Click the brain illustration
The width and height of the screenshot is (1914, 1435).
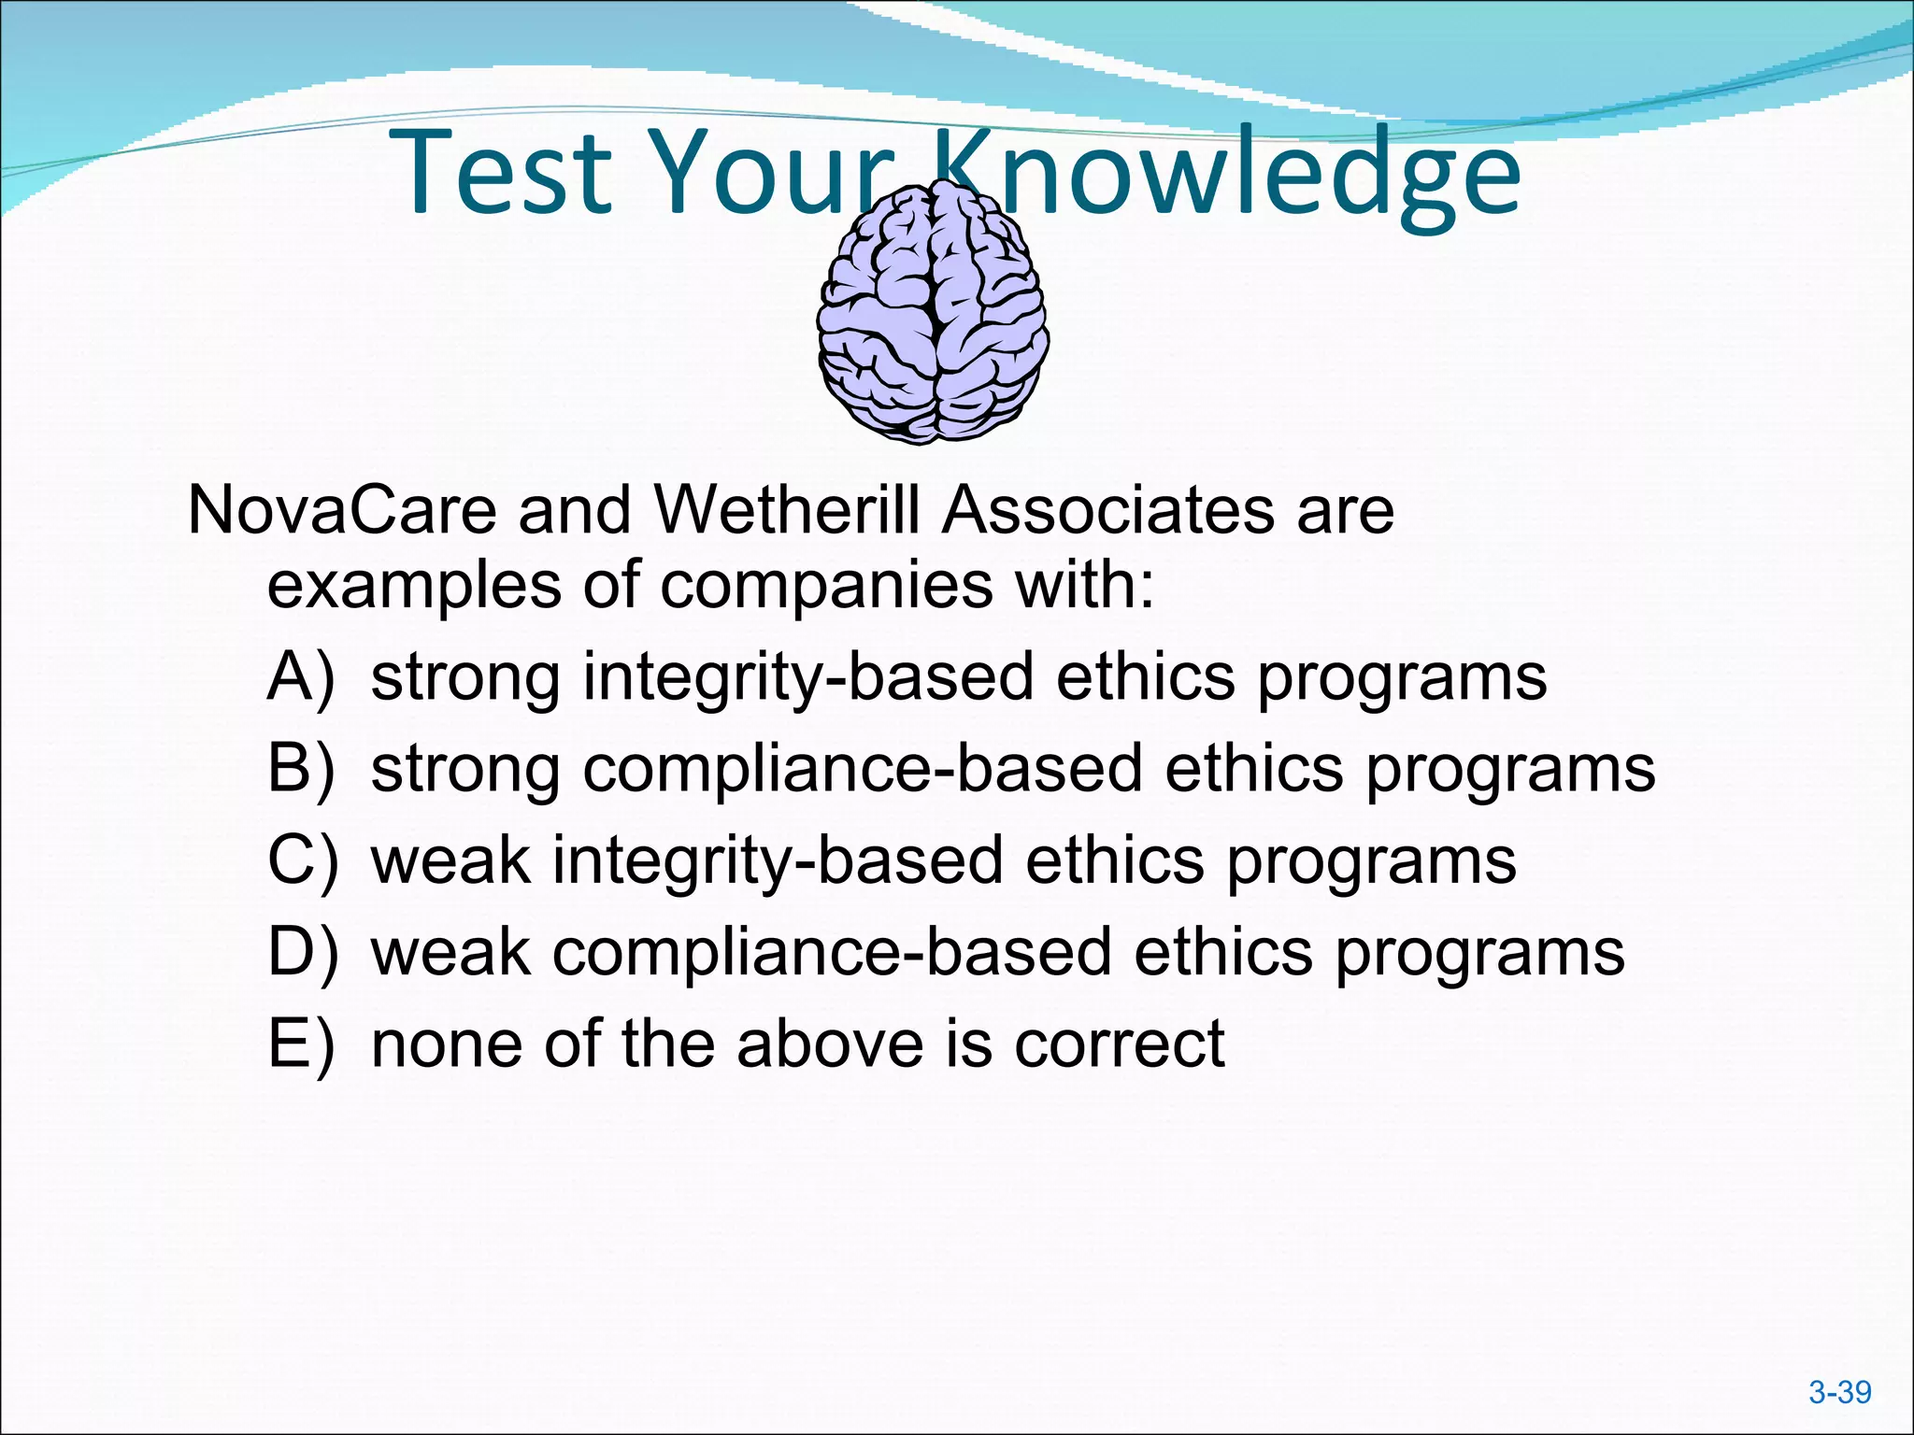933,313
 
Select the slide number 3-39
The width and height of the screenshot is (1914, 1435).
1839,1393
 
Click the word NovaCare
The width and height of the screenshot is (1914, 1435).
342,511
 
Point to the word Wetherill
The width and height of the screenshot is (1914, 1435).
786,511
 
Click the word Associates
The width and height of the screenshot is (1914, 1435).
1107,511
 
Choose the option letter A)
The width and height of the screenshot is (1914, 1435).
300,677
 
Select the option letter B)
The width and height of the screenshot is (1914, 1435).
300,769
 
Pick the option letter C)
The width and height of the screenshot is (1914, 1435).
302,860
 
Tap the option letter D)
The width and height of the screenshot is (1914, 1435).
302,952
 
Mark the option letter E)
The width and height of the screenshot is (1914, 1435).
300,1044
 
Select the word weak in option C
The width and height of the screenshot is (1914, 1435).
450,860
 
